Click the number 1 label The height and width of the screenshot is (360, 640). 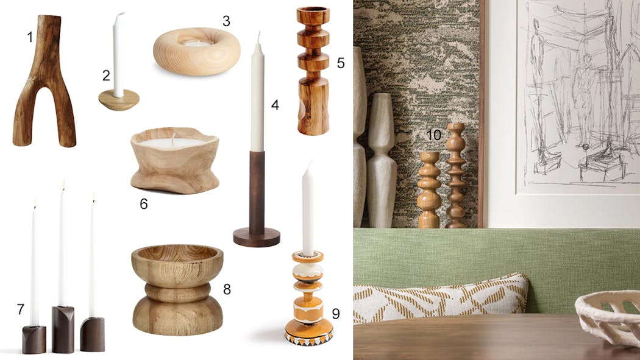click(x=30, y=38)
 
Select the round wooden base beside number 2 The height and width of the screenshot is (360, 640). click(x=119, y=100)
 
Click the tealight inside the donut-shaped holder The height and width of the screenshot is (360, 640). click(x=197, y=43)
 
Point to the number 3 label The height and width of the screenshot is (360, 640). click(x=226, y=21)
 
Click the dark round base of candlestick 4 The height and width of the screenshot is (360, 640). click(x=257, y=238)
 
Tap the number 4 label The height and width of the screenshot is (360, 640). click(x=275, y=105)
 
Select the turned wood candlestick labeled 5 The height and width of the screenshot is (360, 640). click(x=313, y=71)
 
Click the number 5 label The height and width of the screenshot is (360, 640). click(x=340, y=63)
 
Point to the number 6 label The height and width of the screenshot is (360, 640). click(x=144, y=203)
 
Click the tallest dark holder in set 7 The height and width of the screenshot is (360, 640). click(x=63, y=330)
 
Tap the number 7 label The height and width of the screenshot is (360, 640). click(x=20, y=309)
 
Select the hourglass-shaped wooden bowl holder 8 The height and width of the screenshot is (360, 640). click(x=177, y=290)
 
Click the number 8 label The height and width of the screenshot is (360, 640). click(x=227, y=289)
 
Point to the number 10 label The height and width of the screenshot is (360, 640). click(x=434, y=135)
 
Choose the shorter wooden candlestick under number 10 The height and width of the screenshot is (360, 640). click(x=428, y=190)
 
